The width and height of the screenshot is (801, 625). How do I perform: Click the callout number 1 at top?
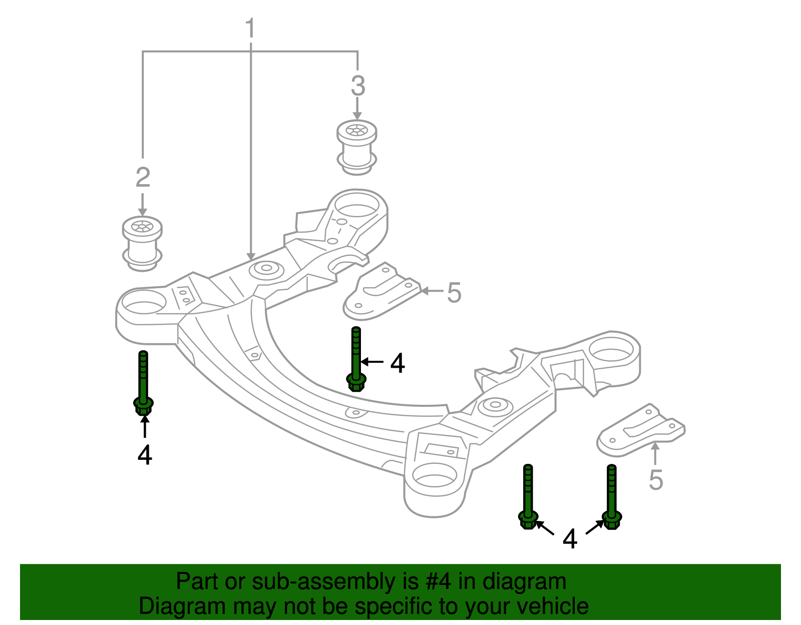click(x=250, y=29)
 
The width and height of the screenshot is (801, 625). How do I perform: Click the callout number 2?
click(x=143, y=177)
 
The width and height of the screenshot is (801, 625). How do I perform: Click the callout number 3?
click(x=357, y=86)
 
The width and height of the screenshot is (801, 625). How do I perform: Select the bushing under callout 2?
click(x=142, y=244)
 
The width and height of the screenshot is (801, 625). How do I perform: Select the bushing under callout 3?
click(x=356, y=147)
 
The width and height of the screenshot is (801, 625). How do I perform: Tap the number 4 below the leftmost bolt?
click(x=145, y=455)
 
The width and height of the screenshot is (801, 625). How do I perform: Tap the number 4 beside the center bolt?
click(x=397, y=363)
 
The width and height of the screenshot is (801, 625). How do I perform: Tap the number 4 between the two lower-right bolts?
click(x=570, y=539)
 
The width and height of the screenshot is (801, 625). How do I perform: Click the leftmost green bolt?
click(x=143, y=383)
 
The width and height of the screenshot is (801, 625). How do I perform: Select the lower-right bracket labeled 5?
click(x=641, y=431)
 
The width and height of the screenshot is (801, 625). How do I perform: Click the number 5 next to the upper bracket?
click(x=454, y=293)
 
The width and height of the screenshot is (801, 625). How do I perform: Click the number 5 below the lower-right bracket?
click(x=655, y=480)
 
